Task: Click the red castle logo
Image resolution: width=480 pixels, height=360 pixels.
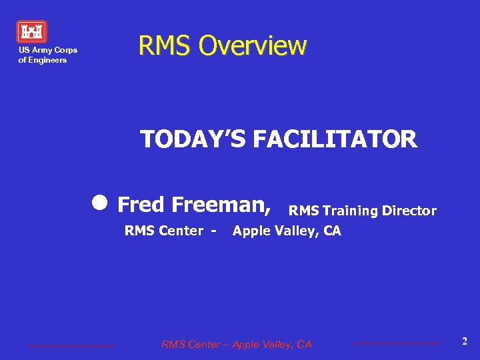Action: (x=31, y=31)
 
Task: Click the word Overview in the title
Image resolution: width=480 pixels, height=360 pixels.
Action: (x=253, y=46)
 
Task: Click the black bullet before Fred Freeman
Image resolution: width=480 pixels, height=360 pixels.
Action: (x=101, y=203)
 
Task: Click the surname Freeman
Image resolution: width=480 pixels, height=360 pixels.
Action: (x=221, y=204)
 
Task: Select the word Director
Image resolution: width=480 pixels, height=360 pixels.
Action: (x=409, y=211)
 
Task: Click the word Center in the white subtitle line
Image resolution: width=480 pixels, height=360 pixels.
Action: (x=179, y=231)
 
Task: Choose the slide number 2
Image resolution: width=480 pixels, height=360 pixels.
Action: (x=465, y=341)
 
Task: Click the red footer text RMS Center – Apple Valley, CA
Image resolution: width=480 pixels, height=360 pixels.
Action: (x=236, y=344)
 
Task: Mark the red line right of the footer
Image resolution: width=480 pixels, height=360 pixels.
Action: (x=397, y=343)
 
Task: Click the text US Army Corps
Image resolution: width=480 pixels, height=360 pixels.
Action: (x=48, y=50)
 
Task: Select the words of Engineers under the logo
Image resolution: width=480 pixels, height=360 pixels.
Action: (x=43, y=60)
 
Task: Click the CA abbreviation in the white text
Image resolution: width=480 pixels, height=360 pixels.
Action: (x=332, y=231)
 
